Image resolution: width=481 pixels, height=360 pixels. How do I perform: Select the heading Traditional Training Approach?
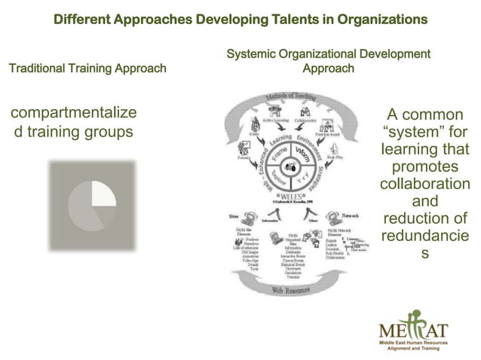pos(87,69)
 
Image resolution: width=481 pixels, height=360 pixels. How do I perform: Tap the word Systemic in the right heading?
pos(250,53)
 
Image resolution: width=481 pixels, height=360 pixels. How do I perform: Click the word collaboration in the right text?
pos(425,185)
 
